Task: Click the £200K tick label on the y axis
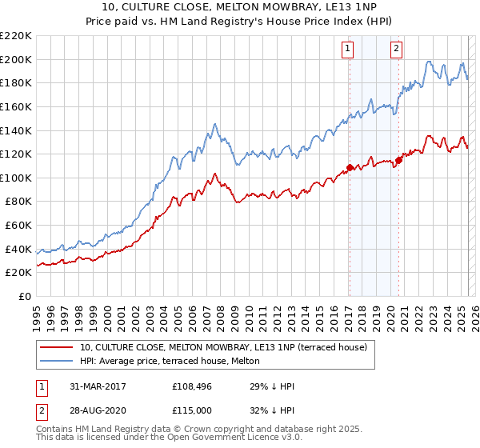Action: pyautogui.click(x=16, y=59)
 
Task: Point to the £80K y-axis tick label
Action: pyautogui.click(x=18, y=202)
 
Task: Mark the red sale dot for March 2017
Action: pyautogui.click(x=350, y=167)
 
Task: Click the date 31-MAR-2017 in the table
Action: pyautogui.click(x=94, y=386)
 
